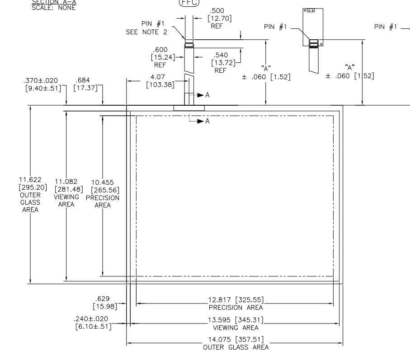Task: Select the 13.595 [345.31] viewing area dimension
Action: click(233, 320)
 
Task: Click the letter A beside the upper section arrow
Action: click(207, 95)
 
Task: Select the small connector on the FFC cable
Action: click(189, 45)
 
